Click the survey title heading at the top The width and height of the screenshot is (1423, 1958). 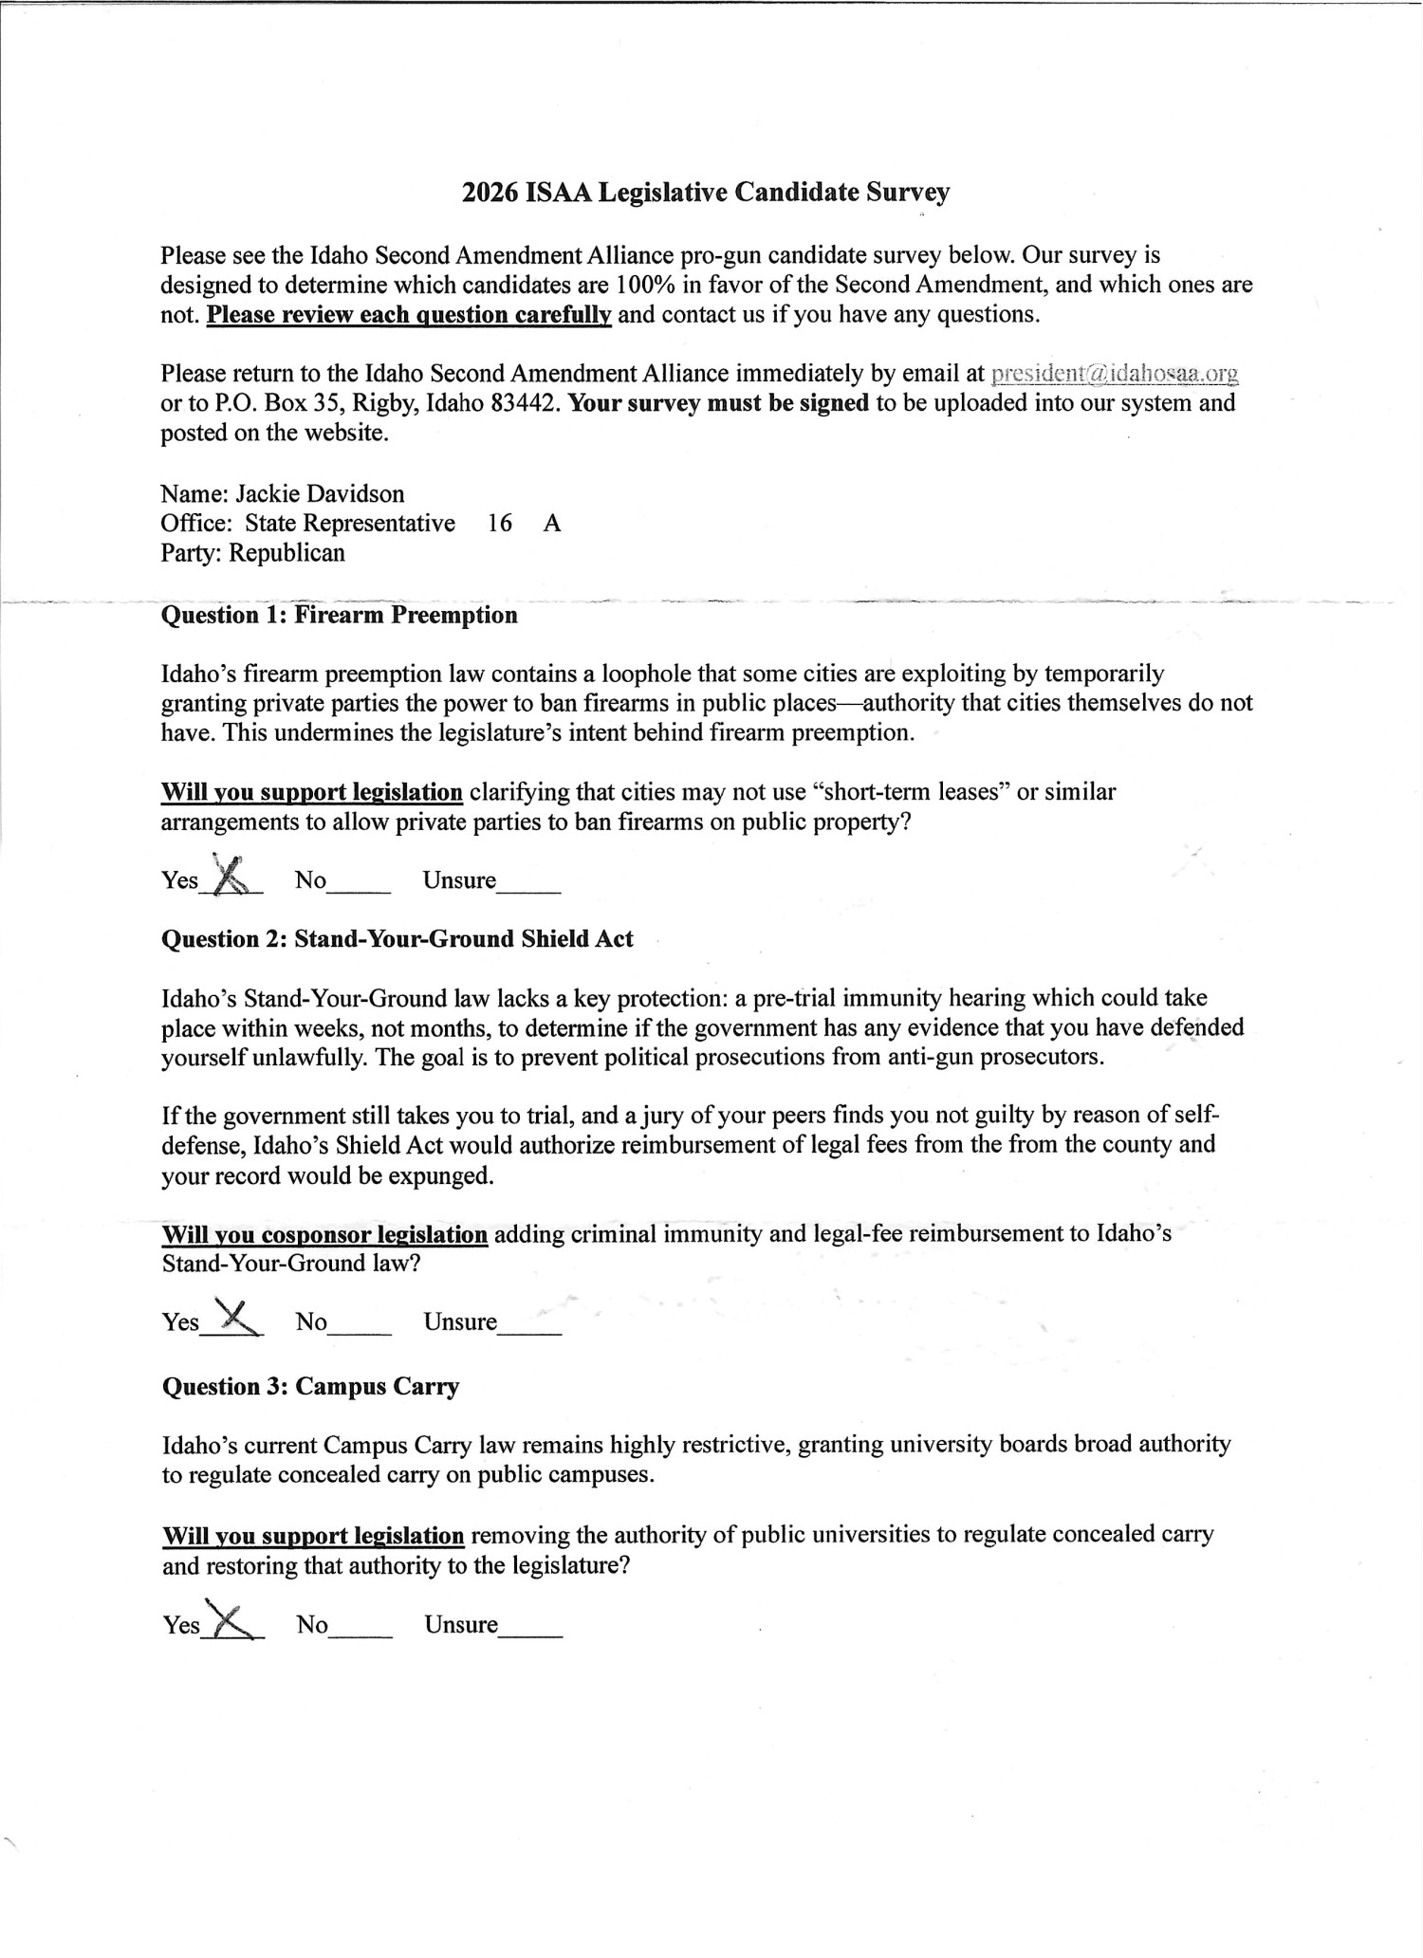[706, 193]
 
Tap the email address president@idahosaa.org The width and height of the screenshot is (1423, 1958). [1115, 374]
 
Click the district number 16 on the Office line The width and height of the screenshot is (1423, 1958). [500, 523]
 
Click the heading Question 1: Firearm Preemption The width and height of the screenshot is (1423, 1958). [340, 615]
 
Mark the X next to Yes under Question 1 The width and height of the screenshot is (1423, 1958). [231, 877]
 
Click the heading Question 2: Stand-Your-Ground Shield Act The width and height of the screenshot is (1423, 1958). [397, 939]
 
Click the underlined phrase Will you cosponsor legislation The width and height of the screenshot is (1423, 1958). [324, 1234]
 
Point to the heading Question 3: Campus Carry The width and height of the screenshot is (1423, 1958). [310, 1387]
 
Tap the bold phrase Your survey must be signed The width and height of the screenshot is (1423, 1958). [719, 403]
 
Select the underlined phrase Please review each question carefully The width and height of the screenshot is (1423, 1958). [409, 314]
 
